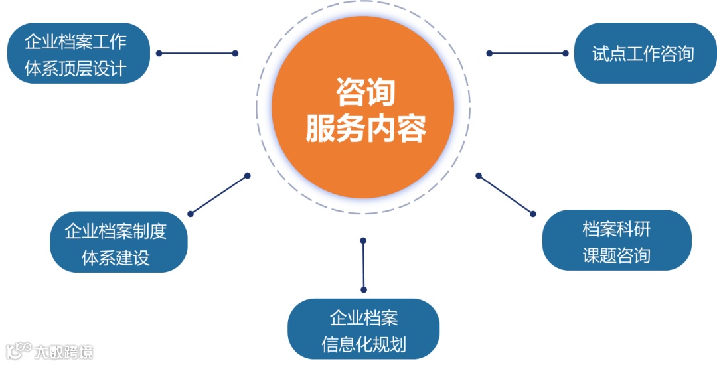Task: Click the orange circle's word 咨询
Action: [364, 92]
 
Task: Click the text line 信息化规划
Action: [363, 345]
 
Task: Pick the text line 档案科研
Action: [616, 229]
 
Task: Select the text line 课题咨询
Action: [616, 256]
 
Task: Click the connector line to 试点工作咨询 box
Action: [527, 54]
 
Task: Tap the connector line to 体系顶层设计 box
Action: [197, 53]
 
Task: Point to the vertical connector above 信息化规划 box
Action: [363, 264]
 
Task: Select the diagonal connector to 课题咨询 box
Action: [505, 194]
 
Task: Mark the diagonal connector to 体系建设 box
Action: [218, 194]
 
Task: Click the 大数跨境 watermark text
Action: [64, 351]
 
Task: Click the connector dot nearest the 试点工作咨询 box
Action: [566, 54]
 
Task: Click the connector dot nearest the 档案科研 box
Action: [532, 213]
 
